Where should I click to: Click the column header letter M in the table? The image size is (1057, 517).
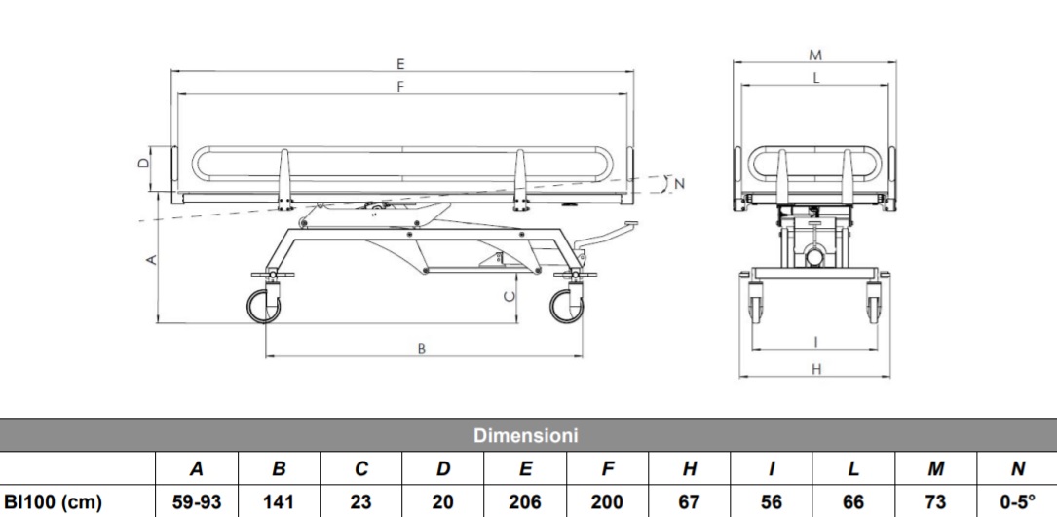point(934,469)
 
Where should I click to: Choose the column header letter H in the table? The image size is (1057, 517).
point(690,469)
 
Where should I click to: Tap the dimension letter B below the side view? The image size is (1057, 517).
point(422,349)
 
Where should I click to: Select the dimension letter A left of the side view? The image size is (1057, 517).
point(149,259)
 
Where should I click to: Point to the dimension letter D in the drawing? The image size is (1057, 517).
point(143,164)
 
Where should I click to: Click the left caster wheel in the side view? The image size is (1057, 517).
point(263,307)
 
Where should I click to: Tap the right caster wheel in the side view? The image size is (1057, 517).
point(566,307)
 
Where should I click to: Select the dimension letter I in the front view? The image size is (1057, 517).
point(815,341)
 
